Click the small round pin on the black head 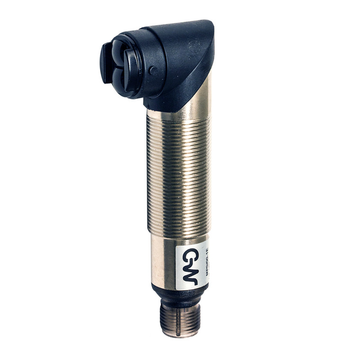click(x=153, y=71)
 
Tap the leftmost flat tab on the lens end click(x=106, y=62)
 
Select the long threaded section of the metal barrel click(x=178, y=175)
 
